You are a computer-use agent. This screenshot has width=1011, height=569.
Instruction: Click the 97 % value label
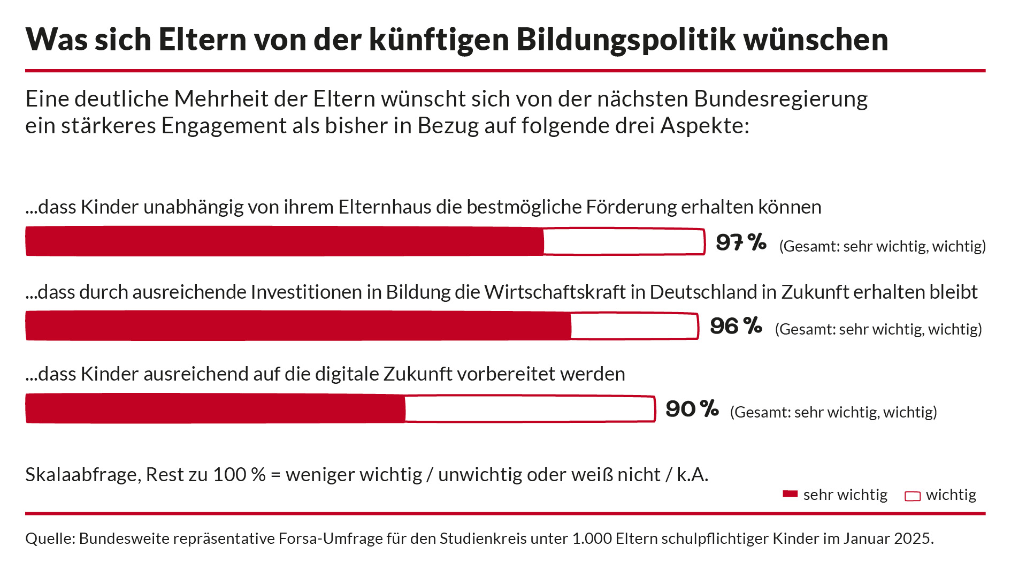pos(741,242)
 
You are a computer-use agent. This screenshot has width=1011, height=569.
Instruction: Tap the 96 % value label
pos(736,325)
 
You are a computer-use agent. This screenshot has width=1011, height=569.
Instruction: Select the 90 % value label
pos(692,409)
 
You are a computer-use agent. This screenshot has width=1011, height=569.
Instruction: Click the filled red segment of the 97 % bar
pos(284,241)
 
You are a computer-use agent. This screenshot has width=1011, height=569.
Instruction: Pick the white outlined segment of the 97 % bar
pos(624,241)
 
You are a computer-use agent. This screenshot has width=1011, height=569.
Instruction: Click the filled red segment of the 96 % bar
pos(297,325)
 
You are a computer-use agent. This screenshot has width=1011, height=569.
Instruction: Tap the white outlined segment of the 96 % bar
pos(634,326)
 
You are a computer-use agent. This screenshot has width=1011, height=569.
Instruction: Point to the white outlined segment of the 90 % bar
pos(530,409)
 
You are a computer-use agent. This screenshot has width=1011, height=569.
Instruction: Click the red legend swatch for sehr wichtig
pos(790,494)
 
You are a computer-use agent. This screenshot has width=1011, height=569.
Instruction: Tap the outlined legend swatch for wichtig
pos(912,496)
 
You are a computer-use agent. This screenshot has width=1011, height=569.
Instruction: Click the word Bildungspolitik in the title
pos(626,40)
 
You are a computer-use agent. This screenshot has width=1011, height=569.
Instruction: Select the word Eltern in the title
pos(202,40)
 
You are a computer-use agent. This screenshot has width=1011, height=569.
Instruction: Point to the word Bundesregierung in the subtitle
pos(780,100)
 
